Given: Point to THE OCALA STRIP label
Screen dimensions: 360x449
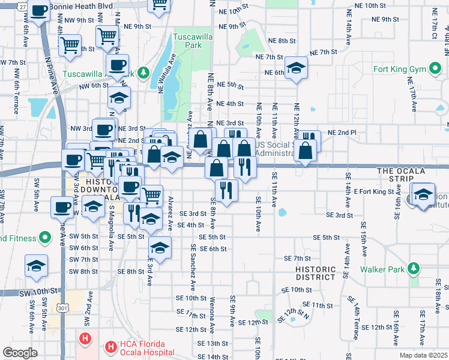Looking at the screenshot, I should tap(401, 171).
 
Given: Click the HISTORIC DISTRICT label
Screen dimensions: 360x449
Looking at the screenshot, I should tap(315, 273).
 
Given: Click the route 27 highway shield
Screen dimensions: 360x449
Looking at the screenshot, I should tap(22, 6).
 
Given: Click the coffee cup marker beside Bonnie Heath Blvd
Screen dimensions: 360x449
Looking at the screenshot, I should tap(39, 11).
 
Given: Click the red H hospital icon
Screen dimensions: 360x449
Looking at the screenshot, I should tap(86, 338).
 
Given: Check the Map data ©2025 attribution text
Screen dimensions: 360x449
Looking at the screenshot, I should tap(423, 355).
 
